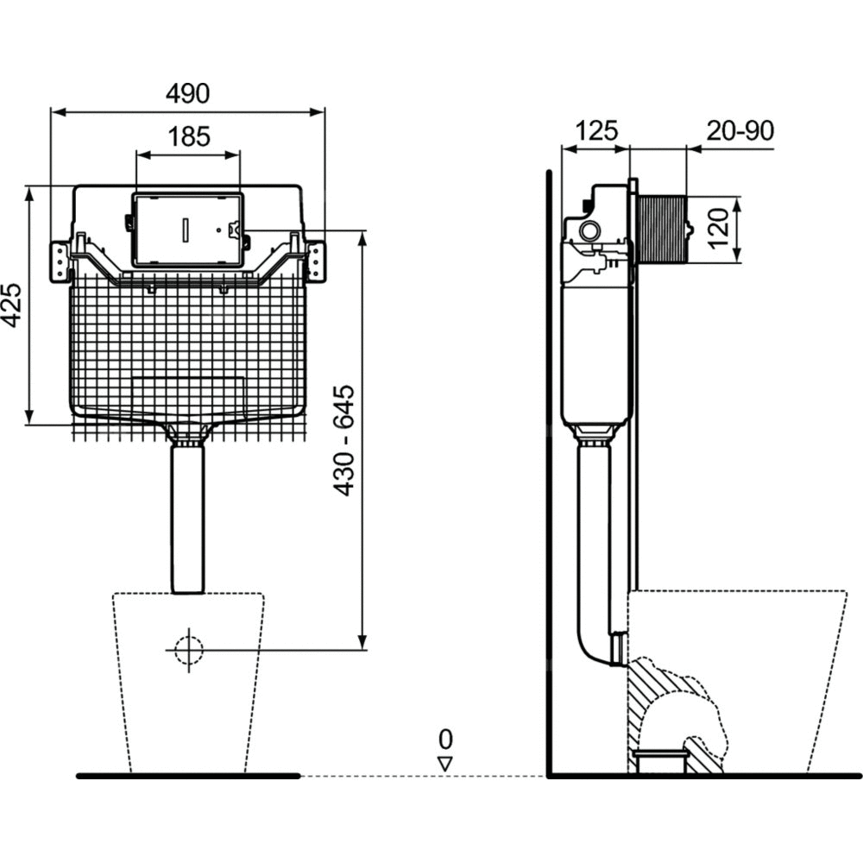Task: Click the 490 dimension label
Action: point(188,93)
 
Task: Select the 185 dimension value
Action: point(188,136)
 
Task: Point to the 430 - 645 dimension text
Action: point(344,440)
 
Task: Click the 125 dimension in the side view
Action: point(596,130)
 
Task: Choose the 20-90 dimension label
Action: point(740,130)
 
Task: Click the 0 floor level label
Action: point(445,739)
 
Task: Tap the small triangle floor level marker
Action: point(445,764)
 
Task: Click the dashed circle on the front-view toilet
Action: point(188,649)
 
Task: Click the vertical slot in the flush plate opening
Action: point(187,230)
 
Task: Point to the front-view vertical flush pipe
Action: point(187,518)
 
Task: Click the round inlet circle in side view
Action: point(590,230)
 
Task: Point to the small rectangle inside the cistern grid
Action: point(187,393)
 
